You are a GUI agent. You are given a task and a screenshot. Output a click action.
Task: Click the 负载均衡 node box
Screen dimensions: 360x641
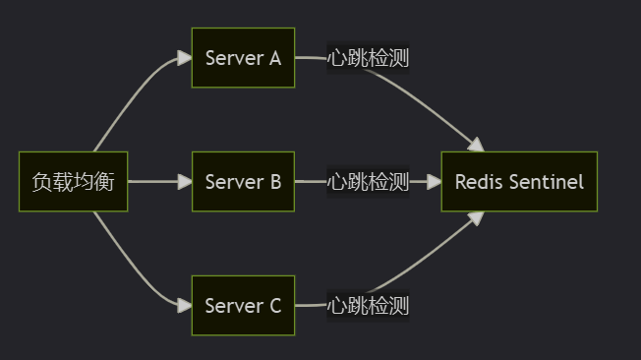[x=74, y=182]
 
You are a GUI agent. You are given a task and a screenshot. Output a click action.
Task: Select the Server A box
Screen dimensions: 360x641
[x=243, y=58]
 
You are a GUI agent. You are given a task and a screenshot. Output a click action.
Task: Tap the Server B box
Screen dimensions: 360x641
[x=243, y=182]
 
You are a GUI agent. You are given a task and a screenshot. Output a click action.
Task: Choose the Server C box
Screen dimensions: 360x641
[x=243, y=306]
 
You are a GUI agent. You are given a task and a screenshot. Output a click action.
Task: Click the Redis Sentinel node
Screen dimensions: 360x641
[x=518, y=182]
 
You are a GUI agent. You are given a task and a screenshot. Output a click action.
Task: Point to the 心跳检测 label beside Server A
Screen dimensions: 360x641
[x=368, y=58]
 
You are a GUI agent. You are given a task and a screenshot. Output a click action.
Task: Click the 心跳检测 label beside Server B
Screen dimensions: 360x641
[x=368, y=182]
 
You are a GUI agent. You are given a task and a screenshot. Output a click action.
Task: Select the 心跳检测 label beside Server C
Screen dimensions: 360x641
[x=368, y=306]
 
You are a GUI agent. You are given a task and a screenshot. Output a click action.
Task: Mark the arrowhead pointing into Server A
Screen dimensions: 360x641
[x=185, y=58]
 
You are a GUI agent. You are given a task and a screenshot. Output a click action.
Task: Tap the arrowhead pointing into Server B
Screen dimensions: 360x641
[x=185, y=182]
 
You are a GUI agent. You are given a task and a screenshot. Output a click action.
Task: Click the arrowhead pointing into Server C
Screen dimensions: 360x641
[x=185, y=306]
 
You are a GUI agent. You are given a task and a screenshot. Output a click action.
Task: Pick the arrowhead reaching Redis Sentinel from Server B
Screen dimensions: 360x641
[x=434, y=182]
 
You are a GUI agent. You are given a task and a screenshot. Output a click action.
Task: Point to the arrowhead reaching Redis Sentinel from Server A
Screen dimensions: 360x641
[x=476, y=146]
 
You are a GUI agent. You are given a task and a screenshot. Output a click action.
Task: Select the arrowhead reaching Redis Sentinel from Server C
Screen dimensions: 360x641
[x=476, y=218]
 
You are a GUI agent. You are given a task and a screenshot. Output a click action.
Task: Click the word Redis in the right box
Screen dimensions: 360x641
[x=479, y=182]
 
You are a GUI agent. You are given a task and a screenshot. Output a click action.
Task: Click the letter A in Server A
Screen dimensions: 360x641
[x=275, y=58]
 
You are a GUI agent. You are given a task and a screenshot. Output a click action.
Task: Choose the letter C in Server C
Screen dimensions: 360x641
[x=275, y=306]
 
